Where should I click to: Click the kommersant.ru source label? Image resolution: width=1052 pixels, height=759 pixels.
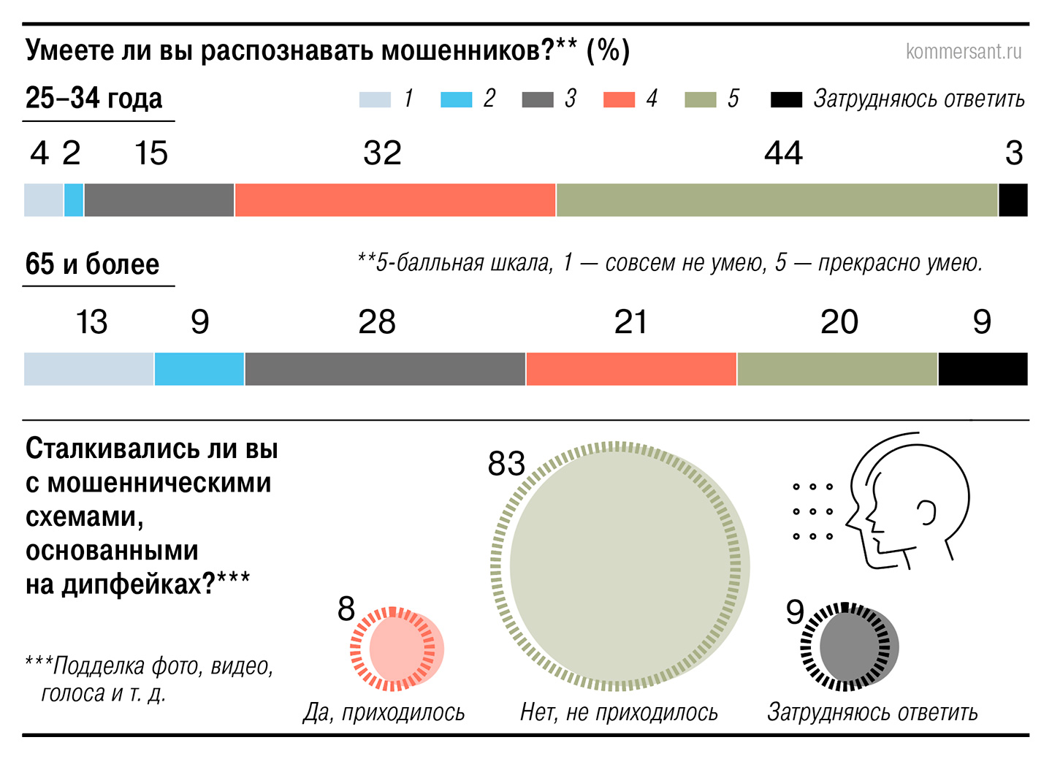click(963, 52)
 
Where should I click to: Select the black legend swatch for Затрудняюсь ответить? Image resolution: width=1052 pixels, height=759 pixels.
click(786, 99)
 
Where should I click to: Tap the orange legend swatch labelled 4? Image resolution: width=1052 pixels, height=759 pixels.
click(619, 99)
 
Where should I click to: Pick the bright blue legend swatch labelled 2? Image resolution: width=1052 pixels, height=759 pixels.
click(457, 99)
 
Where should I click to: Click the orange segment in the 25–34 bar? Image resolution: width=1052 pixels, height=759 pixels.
click(395, 200)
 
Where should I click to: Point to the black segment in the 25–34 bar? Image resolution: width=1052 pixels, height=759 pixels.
click(1013, 200)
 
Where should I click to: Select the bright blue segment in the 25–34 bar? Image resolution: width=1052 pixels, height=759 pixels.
click(74, 200)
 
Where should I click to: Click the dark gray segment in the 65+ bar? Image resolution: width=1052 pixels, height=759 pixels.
click(385, 369)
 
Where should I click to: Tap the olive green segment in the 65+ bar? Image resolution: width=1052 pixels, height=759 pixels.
click(837, 369)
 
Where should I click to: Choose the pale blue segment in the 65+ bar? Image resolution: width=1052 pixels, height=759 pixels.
click(89, 369)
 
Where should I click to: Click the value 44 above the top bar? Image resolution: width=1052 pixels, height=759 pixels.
click(783, 153)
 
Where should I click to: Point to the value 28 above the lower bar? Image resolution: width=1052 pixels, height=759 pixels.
click(377, 322)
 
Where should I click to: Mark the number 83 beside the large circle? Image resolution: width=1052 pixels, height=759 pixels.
click(506, 464)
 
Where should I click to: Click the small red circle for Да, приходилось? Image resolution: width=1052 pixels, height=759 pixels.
click(398, 649)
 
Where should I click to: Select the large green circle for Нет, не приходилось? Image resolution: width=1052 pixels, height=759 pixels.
click(620, 566)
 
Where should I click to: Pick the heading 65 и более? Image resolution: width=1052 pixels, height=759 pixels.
click(92, 264)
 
